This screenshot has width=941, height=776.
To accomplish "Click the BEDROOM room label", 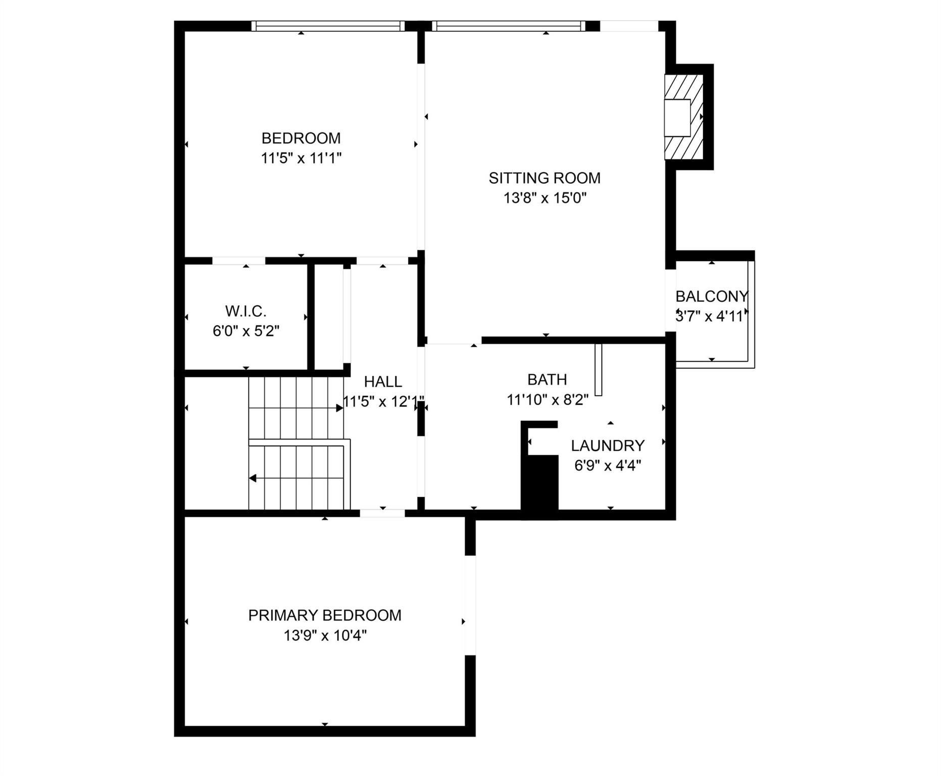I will [301, 138].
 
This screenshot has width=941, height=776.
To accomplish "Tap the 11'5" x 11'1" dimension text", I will [301, 158].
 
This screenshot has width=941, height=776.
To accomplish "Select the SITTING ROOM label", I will [544, 178].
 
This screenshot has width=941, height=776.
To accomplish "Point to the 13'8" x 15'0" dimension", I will [544, 198].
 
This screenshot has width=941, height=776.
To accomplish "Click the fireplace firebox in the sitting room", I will [677, 118].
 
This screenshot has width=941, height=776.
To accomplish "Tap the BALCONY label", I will [711, 296].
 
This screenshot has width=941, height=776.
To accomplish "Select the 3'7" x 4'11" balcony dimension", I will [711, 317].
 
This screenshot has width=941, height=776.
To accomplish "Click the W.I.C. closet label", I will [245, 311].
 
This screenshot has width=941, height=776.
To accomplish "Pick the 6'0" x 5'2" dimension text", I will [246, 331].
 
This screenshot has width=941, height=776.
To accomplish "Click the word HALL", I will [383, 381].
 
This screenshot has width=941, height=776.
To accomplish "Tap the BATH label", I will [547, 379].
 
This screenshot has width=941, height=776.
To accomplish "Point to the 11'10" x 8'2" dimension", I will [548, 400].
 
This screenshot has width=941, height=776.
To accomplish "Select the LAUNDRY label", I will [608, 446].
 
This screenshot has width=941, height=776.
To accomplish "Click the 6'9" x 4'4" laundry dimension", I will [608, 465].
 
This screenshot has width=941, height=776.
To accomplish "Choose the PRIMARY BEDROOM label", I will [325, 615].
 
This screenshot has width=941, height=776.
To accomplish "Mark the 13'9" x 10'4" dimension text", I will [325, 636].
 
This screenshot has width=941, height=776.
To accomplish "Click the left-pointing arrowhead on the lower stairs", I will [253, 478].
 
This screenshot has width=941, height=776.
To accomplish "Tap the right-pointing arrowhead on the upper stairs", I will [339, 408].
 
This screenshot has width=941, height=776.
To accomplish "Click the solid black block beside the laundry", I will [540, 485].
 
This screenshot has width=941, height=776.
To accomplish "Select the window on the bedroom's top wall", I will [328, 26].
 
